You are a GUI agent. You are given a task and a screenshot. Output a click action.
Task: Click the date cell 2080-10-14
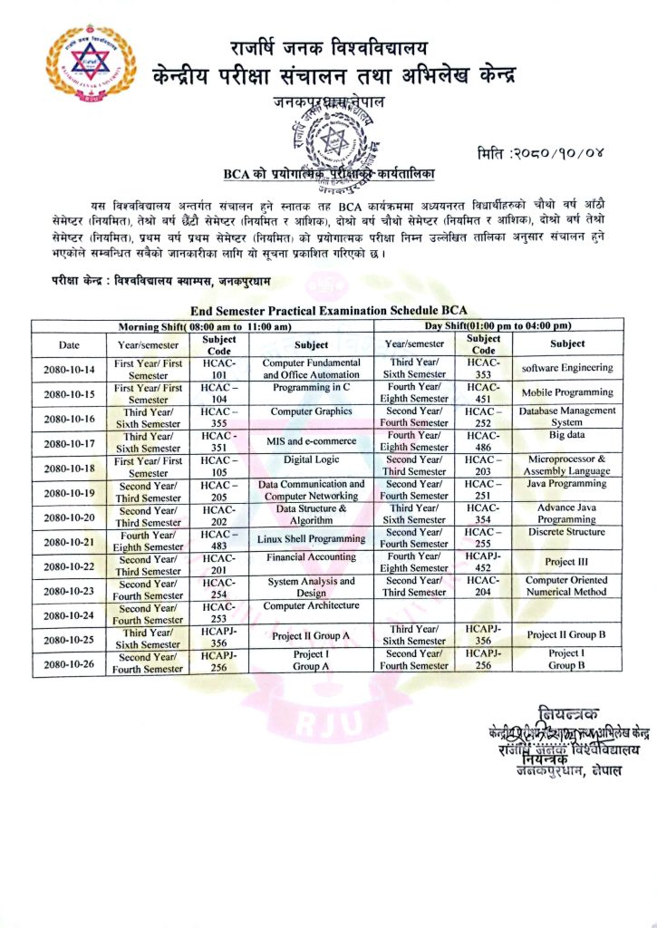tap(69, 369)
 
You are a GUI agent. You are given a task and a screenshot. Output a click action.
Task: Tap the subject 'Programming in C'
tap(311, 387)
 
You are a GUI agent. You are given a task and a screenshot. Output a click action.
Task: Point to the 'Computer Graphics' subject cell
tap(311, 411)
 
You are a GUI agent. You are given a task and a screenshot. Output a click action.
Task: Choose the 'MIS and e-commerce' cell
tap(311, 441)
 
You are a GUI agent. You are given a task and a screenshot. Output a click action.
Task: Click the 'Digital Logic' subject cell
tap(311, 459)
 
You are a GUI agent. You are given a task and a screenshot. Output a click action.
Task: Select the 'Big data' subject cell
tap(567, 435)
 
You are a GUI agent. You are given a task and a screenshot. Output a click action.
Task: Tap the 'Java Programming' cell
tap(567, 484)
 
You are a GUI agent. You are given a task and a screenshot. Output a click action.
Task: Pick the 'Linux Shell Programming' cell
tap(311, 539)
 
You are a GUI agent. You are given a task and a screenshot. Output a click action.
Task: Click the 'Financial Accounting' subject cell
tap(311, 557)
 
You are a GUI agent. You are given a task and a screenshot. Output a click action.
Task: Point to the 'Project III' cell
tap(567, 563)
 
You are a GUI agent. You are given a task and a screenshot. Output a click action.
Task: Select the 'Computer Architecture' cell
tap(311, 605)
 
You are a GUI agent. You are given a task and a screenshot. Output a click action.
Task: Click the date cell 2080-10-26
tap(69, 662)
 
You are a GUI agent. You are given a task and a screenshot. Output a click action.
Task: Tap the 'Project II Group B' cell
tap(567, 635)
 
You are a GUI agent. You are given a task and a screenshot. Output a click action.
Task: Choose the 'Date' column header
tap(69, 344)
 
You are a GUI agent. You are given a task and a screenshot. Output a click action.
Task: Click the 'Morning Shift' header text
tap(205, 326)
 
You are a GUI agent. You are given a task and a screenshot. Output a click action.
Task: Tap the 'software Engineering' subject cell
tap(567, 368)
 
